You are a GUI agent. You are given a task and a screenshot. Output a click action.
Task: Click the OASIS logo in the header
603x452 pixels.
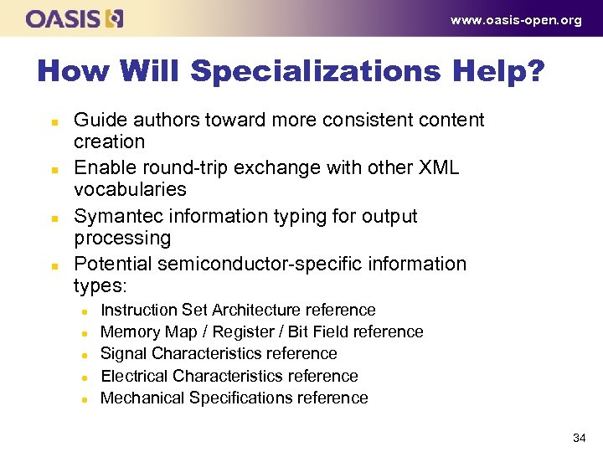(75, 18)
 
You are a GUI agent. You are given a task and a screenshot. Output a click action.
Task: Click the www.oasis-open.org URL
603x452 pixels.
(515, 21)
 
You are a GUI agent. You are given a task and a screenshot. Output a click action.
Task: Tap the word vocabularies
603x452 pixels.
(130, 189)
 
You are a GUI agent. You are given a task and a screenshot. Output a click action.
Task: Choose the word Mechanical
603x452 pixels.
(142, 398)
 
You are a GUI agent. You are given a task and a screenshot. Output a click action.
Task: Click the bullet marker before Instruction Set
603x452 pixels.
(85, 311)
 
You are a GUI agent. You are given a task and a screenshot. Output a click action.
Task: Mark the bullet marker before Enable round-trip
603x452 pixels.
(54, 169)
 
